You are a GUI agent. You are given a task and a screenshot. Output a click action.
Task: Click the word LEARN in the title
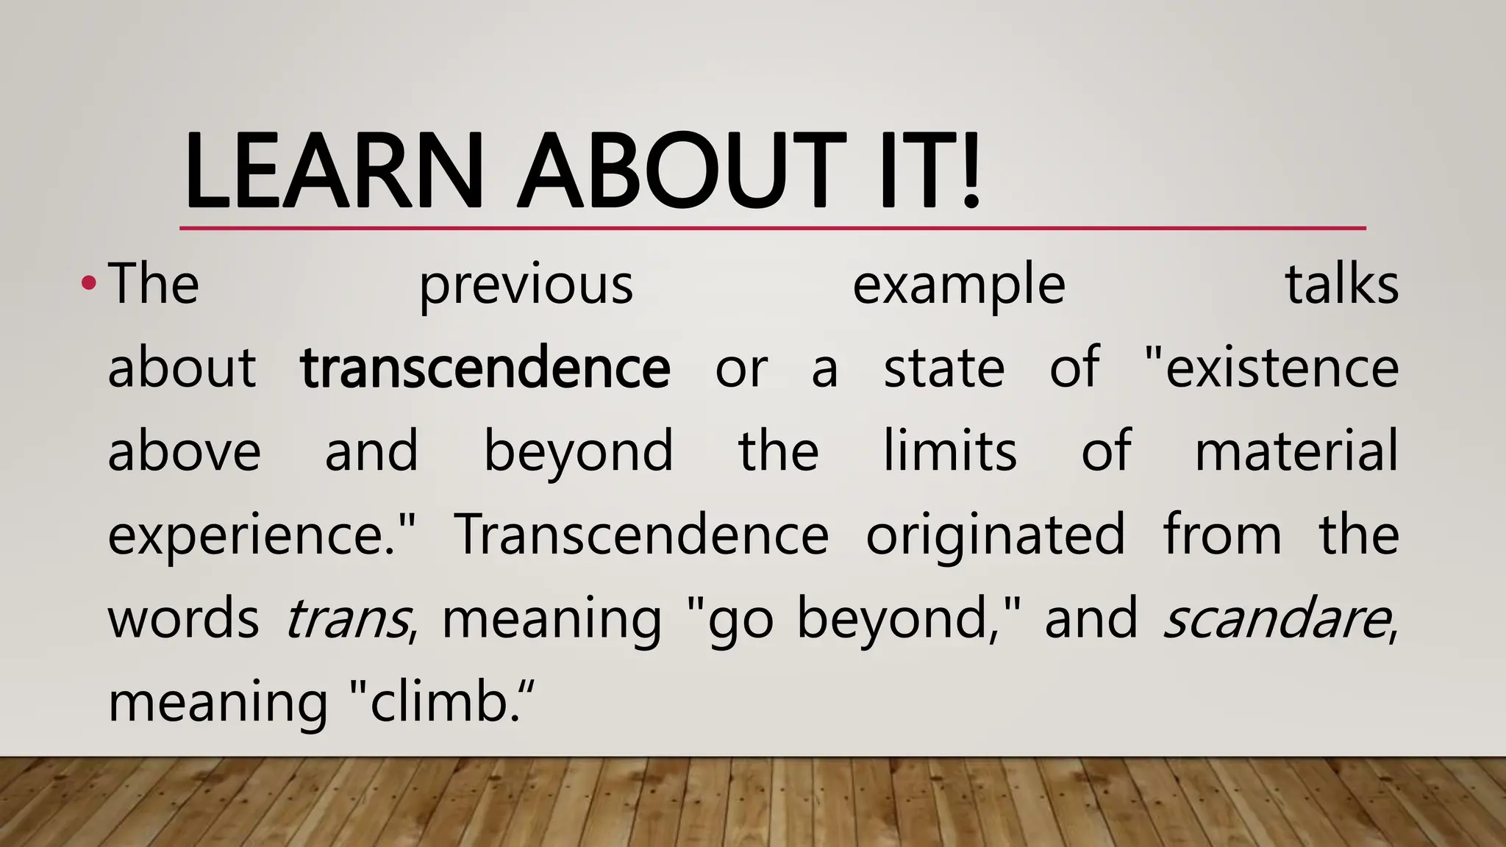click(333, 171)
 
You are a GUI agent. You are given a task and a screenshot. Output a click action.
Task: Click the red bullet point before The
click(88, 283)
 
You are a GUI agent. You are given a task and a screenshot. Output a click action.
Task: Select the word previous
click(526, 285)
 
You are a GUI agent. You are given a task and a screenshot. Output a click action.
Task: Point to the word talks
click(1341, 284)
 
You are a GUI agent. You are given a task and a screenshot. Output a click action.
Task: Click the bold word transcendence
click(485, 368)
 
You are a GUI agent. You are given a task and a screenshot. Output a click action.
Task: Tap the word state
click(943, 368)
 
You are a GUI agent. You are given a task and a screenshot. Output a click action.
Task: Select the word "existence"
click(1272, 368)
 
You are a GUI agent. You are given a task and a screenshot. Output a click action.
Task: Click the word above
click(184, 451)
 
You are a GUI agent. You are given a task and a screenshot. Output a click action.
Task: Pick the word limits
click(949, 451)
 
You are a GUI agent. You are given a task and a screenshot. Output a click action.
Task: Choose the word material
click(1296, 451)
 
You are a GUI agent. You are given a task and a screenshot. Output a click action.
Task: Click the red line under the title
click(772, 229)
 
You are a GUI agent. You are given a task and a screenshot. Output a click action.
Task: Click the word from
click(1222, 534)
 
